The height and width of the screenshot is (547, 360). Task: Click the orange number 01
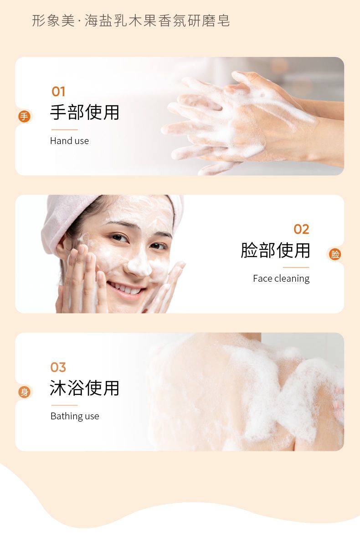point(58,92)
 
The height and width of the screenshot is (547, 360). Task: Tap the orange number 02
point(301,229)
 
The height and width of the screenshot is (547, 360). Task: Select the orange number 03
point(58,367)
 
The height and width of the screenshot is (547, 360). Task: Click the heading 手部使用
point(84,112)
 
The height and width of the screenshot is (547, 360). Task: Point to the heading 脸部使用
point(275,250)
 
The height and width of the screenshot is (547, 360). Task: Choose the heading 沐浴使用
point(84,388)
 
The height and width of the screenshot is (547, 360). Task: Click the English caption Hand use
point(70,141)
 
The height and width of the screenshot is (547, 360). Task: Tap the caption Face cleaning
point(281,279)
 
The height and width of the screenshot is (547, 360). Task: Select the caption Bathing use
point(75,416)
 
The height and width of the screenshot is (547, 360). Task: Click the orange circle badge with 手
point(25,116)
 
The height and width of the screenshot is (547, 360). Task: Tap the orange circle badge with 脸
point(335,254)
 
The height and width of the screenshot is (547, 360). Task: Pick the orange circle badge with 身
point(25,392)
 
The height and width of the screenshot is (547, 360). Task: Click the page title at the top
point(131,21)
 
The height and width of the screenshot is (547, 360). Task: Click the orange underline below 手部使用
point(64,129)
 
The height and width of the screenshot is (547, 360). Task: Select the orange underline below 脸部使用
point(296,268)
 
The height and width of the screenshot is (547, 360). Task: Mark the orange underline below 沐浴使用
point(64,405)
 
